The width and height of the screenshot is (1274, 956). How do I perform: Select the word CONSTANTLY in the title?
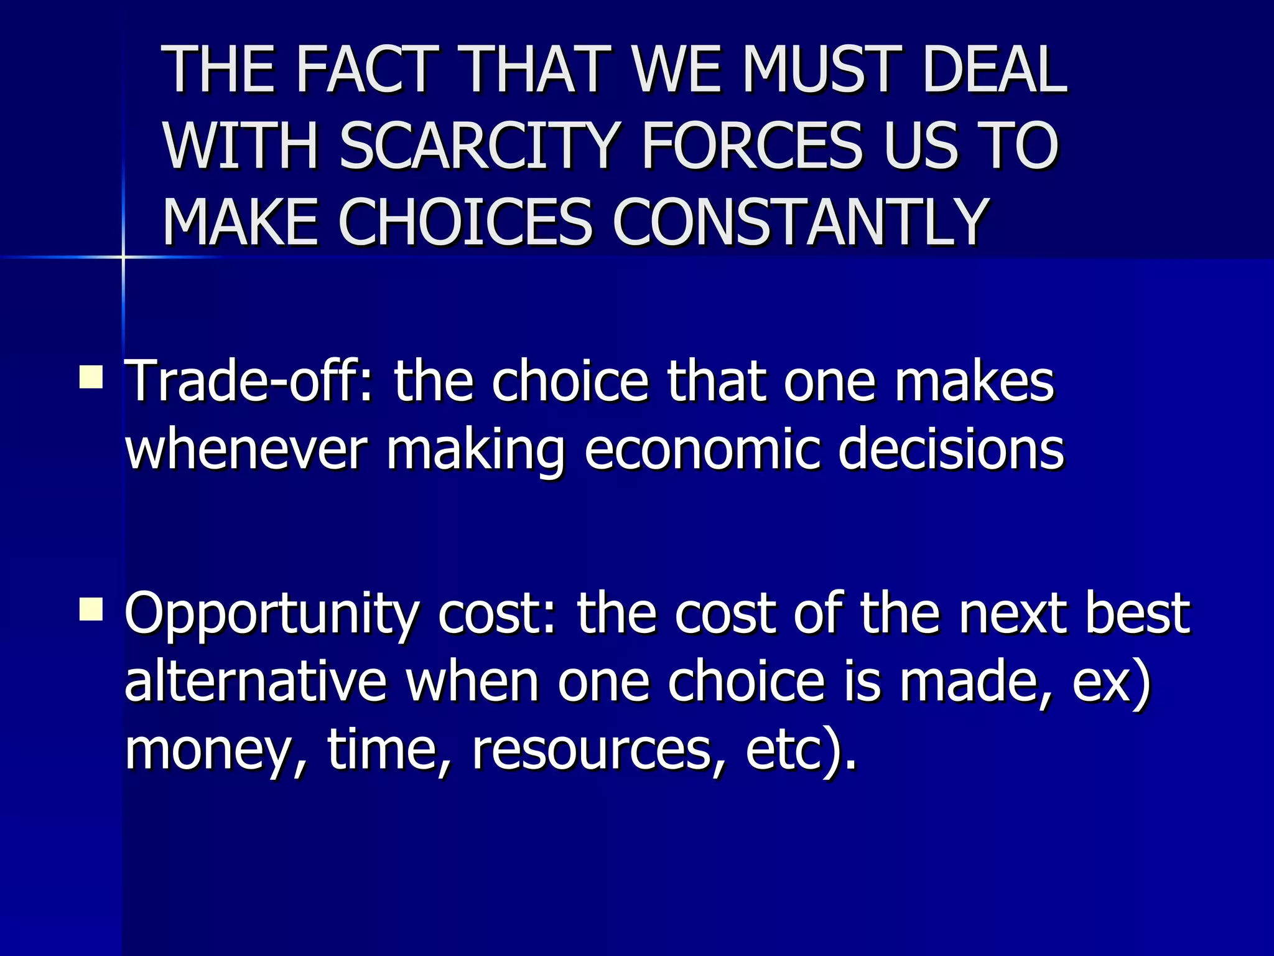(x=801, y=222)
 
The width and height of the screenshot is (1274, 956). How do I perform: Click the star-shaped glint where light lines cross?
(x=123, y=256)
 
